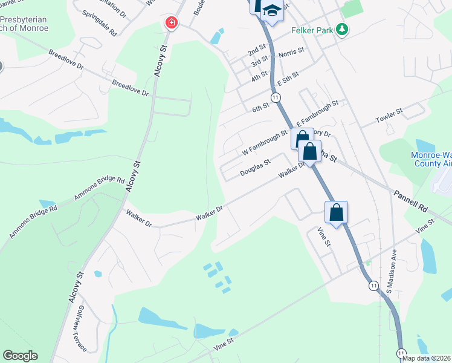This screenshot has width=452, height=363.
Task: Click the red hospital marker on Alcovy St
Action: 172,23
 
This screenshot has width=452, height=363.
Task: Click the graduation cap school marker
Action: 273,11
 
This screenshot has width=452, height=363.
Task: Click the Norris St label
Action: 291,55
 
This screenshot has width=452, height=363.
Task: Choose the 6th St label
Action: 260,108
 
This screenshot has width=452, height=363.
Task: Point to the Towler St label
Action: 390,113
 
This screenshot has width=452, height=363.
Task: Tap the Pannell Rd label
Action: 410,200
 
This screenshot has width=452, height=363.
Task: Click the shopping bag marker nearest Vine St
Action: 337,212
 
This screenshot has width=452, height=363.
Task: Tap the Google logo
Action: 20,356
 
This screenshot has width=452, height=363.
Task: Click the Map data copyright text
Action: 427,358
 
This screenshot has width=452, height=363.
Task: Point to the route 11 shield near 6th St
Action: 276,97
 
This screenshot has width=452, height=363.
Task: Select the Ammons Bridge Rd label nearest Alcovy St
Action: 99,188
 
